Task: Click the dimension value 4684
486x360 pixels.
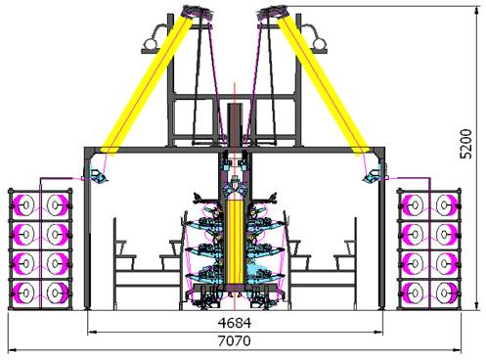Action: coord(235,323)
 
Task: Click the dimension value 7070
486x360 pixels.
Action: coord(235,341)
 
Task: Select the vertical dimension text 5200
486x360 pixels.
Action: coord(466,144)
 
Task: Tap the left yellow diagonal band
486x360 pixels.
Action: coord(147,85)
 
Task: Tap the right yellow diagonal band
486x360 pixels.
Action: coord(323,85)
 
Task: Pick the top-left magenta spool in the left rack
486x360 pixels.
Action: coord(23,205)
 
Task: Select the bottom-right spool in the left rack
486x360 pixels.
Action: coord(57,292)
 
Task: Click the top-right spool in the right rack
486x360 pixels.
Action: coord(446,205)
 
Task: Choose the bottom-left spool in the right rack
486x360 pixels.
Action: coord(413,292)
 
